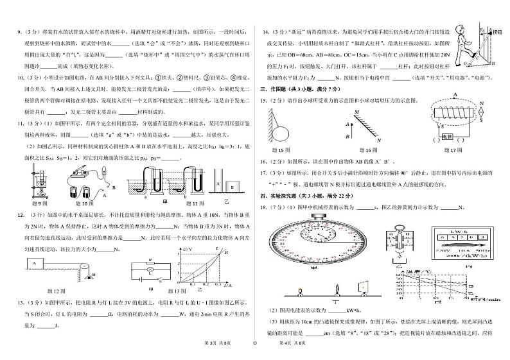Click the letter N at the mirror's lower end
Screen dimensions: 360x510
[380, 141]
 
